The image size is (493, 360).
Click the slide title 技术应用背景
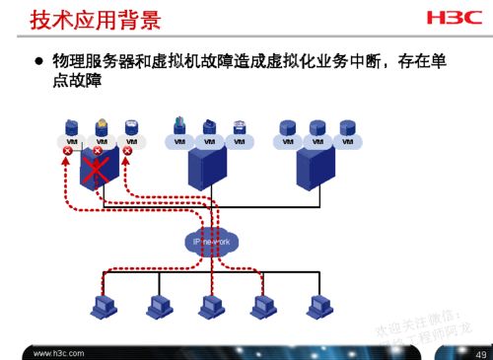point(97,20)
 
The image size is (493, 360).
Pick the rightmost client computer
point(316,307)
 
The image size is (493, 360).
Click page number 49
point(480,352)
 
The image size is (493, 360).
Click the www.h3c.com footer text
point(59,352)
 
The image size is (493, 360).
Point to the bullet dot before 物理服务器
point(39,62)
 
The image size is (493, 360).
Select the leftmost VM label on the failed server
point(71,140)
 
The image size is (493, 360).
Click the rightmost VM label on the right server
point(346,140)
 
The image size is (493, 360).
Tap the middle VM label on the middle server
point(209,140)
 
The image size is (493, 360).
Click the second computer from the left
point(154,307)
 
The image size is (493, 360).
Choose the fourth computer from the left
point(261,307)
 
